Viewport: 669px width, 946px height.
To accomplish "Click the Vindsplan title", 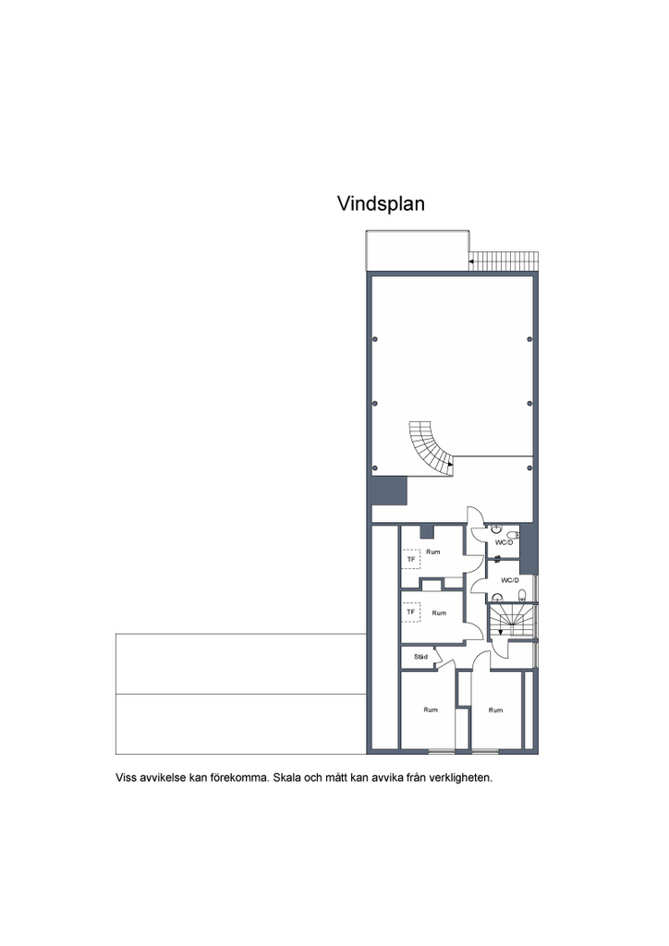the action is click(381, 204).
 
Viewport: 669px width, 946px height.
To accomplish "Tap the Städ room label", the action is click(420, 657).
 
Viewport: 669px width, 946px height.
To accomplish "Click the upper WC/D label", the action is click(504, 543).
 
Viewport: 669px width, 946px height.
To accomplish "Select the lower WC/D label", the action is click(510, 580).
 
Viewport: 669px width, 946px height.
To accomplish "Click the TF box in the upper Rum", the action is click(411, 559).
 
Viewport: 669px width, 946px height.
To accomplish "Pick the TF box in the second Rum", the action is click(411, 612).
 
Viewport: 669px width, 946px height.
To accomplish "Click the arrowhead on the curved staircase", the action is click(450, 465).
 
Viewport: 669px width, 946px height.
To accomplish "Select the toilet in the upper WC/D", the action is click(513, 535).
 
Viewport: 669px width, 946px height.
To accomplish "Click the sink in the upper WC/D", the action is click(496, 529).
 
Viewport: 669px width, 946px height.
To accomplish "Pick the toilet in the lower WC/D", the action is click(522, 596).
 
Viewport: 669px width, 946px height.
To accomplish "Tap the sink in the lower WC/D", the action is click(497, 598).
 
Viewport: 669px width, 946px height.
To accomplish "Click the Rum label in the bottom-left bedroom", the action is click(431, 709).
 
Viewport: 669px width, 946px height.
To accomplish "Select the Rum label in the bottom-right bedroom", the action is click(495, 710).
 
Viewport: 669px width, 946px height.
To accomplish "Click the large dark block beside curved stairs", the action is click(388, 491).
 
